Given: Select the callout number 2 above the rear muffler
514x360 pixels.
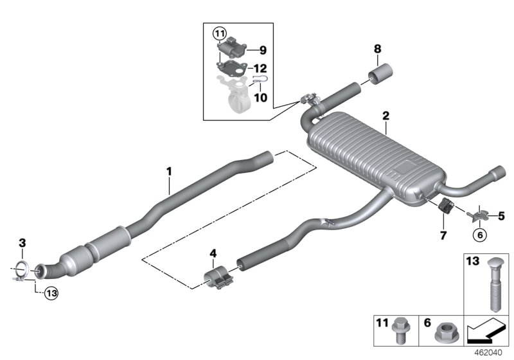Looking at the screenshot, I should (x=385, y=116).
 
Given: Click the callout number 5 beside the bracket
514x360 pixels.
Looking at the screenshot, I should (x=502, y=216).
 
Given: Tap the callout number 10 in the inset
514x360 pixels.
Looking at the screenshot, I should (x=260, y=97).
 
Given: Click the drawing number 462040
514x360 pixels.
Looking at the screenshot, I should (x=490, y=353).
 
